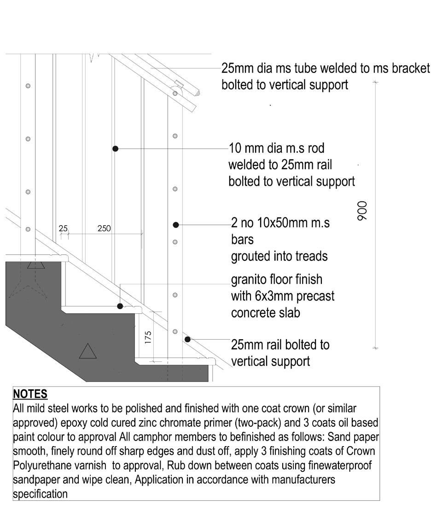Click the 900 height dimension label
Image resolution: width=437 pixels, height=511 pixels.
coord(362,211)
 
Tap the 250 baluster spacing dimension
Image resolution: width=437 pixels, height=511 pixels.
coord(104,228)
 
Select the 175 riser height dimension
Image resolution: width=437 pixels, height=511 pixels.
coord(148,337)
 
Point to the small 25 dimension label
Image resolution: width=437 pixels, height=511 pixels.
coord(63,228)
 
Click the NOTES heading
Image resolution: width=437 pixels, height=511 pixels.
coord(30,394)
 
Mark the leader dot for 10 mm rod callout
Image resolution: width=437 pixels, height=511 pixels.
coord(116,148)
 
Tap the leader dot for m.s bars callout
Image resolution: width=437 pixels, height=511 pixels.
coord(176,224)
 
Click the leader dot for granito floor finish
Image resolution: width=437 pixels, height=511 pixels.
coord(120,306)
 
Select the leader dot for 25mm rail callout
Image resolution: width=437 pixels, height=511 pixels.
coord(188,339)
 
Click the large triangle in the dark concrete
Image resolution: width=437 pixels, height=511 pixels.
coord(87,352)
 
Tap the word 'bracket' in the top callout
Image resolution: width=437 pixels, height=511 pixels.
coord(411,69)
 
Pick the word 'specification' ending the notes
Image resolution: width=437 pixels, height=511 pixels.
coord(40,494)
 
